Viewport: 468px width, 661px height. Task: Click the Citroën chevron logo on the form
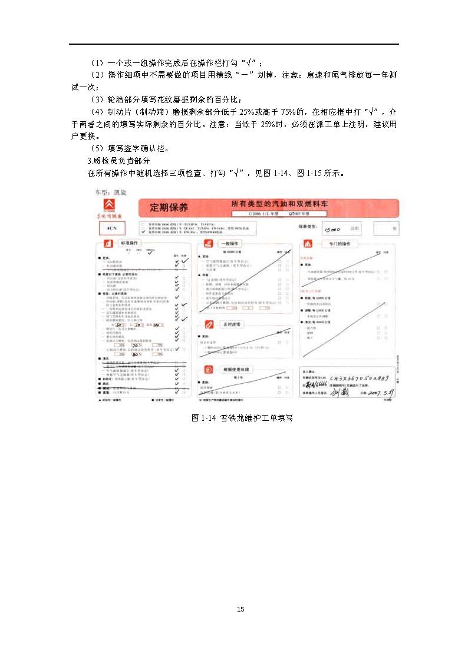coord(110,205)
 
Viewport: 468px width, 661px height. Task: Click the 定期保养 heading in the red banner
coord(169,208)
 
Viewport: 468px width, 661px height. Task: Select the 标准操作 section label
coord(130,243)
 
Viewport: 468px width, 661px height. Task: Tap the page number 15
coord(240,609)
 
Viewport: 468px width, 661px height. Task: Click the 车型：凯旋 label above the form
coord(110,192)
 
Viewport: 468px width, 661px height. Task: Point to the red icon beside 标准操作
coord(108,243)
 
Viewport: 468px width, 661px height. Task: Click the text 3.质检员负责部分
coord(118,161)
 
